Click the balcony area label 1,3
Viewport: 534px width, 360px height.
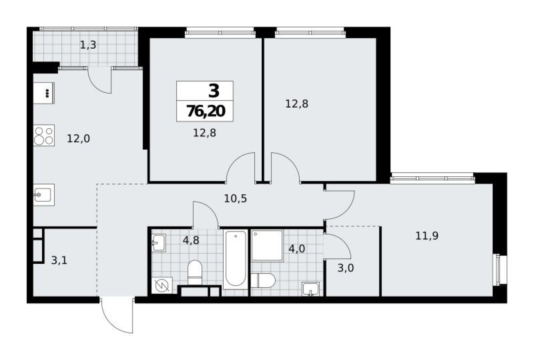pos(88,45)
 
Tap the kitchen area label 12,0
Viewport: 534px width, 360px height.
pos(78,139)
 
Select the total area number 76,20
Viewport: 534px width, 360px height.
pos(206,111)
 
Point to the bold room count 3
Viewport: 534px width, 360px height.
pos(213,91)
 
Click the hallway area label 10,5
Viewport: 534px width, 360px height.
pos(236,199)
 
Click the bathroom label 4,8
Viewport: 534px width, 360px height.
pos(191,240)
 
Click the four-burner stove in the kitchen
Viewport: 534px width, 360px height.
pos(44,136)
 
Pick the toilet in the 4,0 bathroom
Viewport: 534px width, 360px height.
pos(263,281)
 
